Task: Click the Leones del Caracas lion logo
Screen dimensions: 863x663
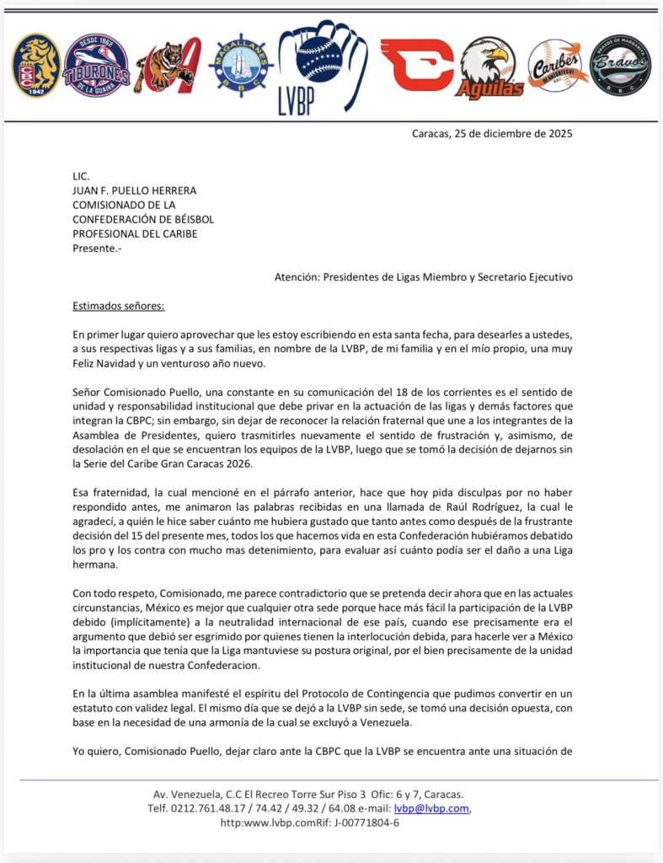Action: pyautogui.click(x=35, y=65)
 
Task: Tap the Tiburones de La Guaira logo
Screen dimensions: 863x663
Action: pyautogui.click(x=96, y=65)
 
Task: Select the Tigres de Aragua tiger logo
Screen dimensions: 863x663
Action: pyautogui.click(x=167, y=65)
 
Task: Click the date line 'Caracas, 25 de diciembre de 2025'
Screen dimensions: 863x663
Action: pyautogui.click(x=492, y=133)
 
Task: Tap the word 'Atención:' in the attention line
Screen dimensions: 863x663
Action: pyautogui.click(x=300, y=276)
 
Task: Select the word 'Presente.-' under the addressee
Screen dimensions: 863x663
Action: pyautogui.click(x=97, y=248)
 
